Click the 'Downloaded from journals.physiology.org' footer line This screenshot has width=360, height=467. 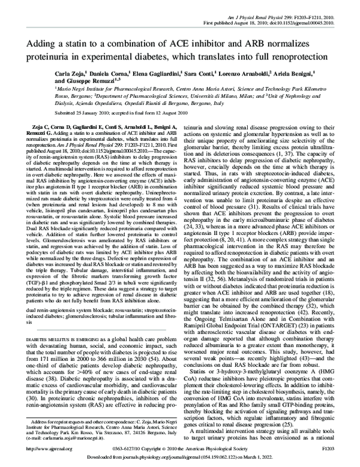coord(180,458)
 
